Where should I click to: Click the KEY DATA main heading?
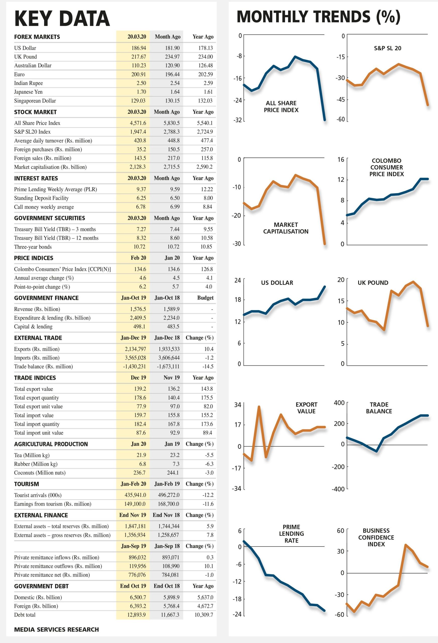point(62,19)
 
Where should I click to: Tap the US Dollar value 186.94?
point(139,48)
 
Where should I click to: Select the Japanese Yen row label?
point(28,92)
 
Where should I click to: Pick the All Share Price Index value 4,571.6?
point(138,123)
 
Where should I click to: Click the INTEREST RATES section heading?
point(36,178)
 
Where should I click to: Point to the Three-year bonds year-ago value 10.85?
point(207,247)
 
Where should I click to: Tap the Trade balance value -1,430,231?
point(134,367)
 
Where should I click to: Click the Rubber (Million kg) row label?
point(36,464)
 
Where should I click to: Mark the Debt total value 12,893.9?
point(136,615)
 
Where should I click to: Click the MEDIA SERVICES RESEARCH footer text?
point(56,629)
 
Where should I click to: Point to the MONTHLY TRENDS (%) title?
point(319,17)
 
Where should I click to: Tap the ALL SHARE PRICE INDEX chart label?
point(281,106)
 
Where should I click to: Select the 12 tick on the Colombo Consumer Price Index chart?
point(341,180)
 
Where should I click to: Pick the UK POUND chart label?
point(373,283)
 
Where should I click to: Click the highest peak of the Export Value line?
point(259,406)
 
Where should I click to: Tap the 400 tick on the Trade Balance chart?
point(339,403)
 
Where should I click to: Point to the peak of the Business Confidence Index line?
point(406,545)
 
